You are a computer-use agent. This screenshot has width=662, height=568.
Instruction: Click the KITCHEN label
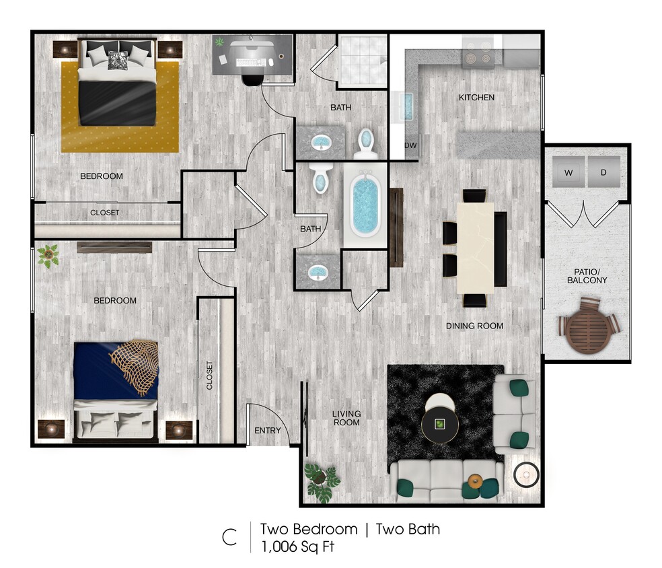[476, 98]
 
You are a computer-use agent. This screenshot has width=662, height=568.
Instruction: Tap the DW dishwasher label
[410, 145]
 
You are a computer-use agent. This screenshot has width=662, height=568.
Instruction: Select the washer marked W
[568, 173]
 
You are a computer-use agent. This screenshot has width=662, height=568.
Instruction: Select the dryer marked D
[603, 173]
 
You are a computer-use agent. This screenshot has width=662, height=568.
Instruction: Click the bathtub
[365, 207]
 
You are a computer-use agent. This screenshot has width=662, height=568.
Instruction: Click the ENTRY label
[266, 431]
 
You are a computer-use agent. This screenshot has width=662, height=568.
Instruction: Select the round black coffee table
[440, 423]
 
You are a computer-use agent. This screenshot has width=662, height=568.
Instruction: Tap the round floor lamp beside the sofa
[526, 475]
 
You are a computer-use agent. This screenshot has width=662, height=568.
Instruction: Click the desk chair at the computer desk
[252, 77]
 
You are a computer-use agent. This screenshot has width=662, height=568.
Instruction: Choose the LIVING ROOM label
[346, 418]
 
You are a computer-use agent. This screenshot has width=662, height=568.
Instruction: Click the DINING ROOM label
[474, 326]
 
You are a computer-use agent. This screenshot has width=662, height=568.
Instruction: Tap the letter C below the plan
[229, 537]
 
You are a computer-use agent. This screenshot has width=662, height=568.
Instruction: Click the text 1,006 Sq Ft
[297, 546]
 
